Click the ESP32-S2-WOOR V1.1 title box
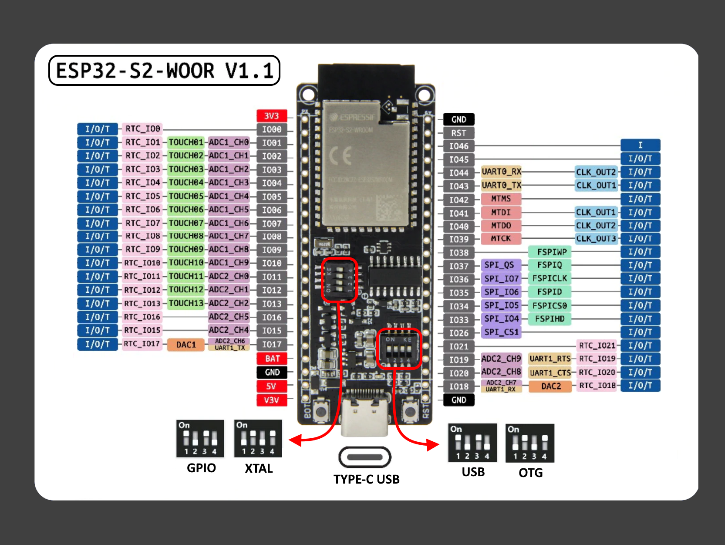(164, 70)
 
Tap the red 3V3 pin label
(272, 115)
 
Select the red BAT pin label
(272, 359)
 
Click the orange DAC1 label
(186, 345)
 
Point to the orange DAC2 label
(550, 386)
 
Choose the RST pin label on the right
(459, 133)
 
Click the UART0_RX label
(501, 172)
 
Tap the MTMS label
(501, 199)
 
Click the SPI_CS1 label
(501, 332)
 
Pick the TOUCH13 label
(186, 303)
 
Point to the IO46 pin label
(459, 146)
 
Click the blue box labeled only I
(640, 145)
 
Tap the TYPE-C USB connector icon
(365, 457)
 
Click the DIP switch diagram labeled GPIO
(200, 439)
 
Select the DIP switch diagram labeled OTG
(530, 443)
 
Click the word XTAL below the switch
(259, 468)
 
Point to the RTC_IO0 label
(142, 129)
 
